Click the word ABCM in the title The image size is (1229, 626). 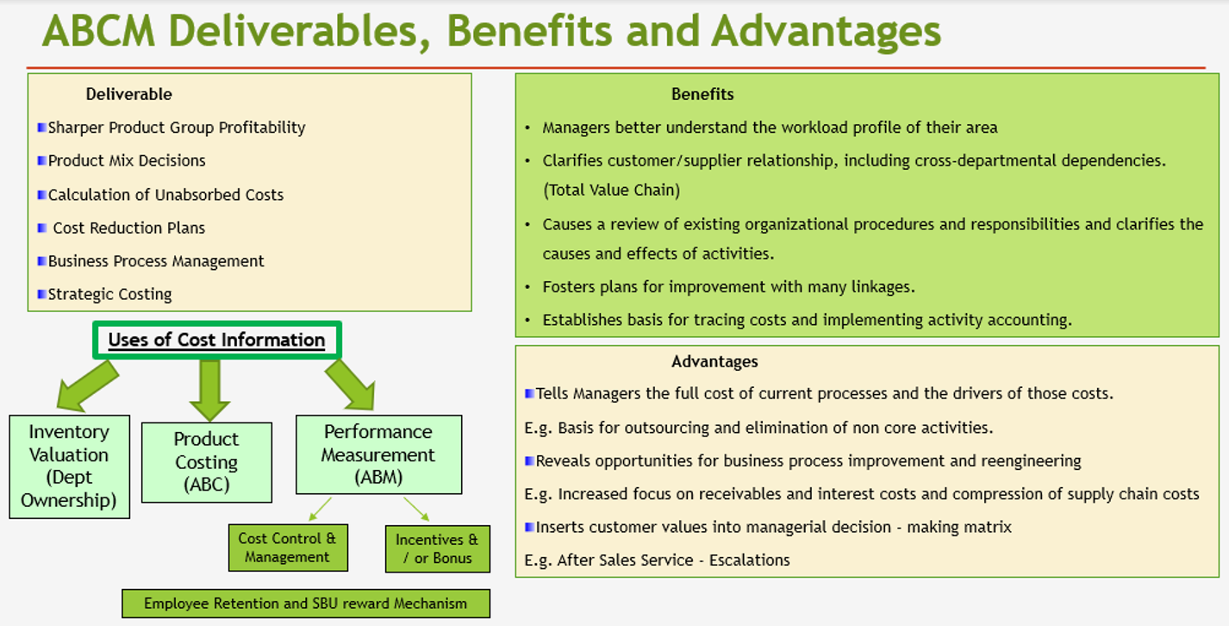coord(99,31)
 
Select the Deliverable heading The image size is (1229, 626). coord(129,95)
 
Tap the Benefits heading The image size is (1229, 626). coord(702,95)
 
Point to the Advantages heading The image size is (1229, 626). coord(714,361)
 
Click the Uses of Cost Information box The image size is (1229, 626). coord(217,341)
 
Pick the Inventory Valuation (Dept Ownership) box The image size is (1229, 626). coord(70,466)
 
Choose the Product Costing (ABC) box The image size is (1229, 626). coord(207,462)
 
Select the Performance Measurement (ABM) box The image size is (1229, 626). coord(378,454)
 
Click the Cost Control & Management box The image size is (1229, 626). coord(288,548)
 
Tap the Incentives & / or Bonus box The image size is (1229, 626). coord(438,549)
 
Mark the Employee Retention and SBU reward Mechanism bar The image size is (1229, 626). coord(306,604)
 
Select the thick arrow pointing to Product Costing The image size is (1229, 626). coord(209,390)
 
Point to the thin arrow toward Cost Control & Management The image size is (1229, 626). coord(321,509)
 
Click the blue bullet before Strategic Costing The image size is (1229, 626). coord(41,294)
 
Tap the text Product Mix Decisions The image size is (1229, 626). coord(127,161)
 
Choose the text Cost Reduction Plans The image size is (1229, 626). coord(129,228)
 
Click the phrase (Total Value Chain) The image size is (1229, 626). coord(612,190)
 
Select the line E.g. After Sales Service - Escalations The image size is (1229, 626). coord(658,560)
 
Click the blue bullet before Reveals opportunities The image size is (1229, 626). coord(529,460)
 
